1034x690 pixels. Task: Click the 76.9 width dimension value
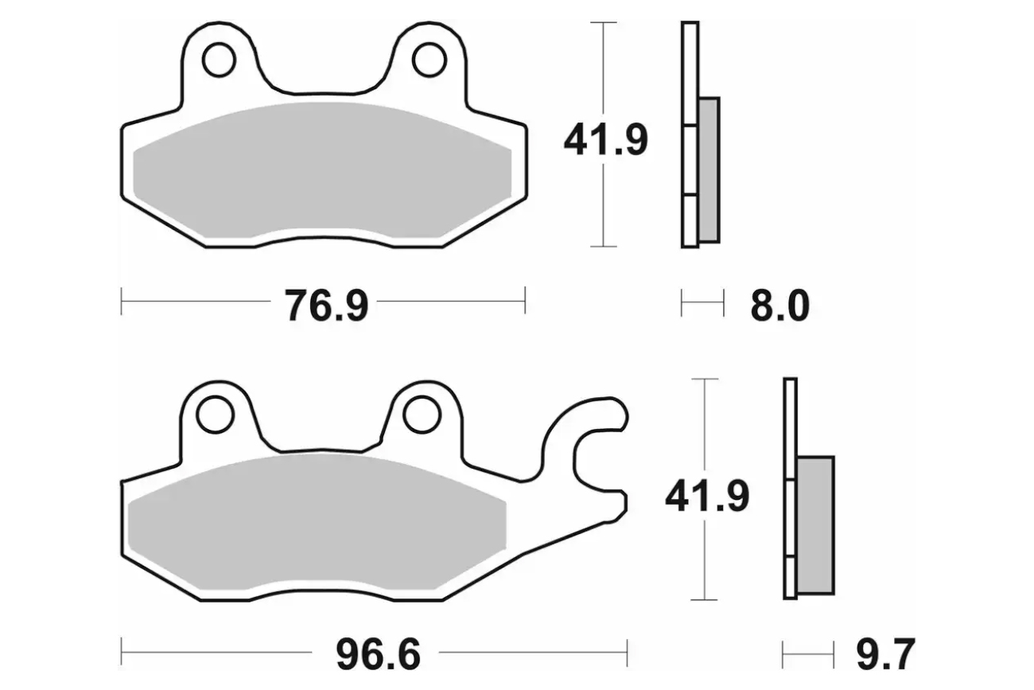pos(326,306)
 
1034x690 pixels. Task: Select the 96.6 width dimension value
pos(378,654)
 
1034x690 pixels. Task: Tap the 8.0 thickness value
pos(779,306)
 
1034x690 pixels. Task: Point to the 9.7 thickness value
pos(885,654)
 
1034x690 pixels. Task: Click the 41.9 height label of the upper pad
pos(605,139)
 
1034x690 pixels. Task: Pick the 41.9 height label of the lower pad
pos(707,497)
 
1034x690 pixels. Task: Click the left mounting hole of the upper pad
pos(219,60)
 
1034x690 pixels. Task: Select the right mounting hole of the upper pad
pos(430,60)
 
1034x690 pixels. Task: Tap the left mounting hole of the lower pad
pos(215,415)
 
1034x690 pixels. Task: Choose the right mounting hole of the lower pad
pos(422,415)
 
